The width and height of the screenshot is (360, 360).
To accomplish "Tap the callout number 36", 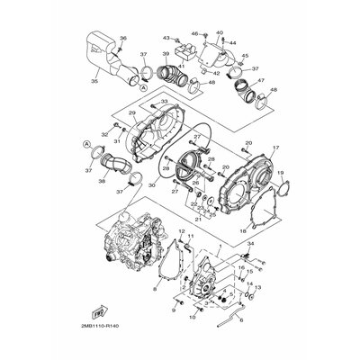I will coord(123,38).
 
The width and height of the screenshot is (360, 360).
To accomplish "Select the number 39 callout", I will coord(164,56).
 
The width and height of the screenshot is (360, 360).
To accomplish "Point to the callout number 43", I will coord(166,38).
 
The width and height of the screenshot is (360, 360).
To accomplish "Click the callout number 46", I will coord(194,33).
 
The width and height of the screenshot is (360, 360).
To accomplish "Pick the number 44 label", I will coord(232,42).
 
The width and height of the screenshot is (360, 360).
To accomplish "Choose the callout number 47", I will coord(262,81).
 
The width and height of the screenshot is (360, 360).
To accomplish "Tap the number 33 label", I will coord(164,101).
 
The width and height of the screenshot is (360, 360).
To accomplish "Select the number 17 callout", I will coord(277,147).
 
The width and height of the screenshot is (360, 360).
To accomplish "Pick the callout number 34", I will coord(250,244).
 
